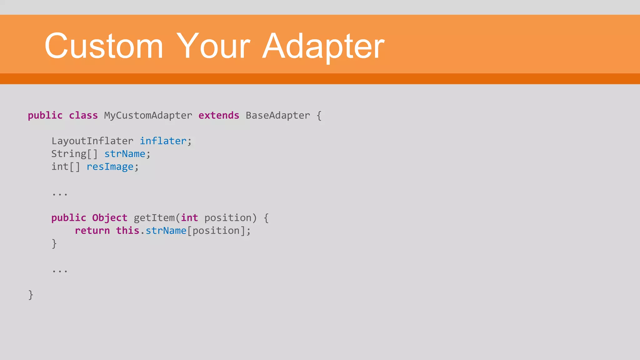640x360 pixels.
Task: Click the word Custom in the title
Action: tap(104, 46)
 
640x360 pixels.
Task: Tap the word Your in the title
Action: tap(213, 46)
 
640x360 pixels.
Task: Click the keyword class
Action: tap(83, 115)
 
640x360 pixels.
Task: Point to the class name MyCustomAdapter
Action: tap(148, 115)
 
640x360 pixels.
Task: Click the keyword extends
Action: tap(219, 115)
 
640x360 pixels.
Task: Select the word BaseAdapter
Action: tap(278, 115)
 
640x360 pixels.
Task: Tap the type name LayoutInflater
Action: tap(92, 141)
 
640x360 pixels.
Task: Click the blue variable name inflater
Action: tap(163, 141)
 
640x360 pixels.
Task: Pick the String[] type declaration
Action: tap(74, 154)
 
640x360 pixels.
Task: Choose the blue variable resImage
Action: tap(110, 167)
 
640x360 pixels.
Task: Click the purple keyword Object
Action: tap(110, 218)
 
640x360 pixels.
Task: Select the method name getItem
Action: tap(154, 218)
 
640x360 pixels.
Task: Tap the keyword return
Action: tap(92, 231)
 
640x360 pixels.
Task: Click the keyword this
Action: tap(127, 231)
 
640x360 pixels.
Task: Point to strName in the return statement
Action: tap(166, 231)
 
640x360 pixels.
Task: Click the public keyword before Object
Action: tap(69, 218)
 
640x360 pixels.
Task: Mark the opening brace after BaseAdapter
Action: tap(319, 116)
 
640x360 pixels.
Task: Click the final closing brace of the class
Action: tap(31, 295)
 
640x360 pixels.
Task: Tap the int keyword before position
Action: tap(189, 218)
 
